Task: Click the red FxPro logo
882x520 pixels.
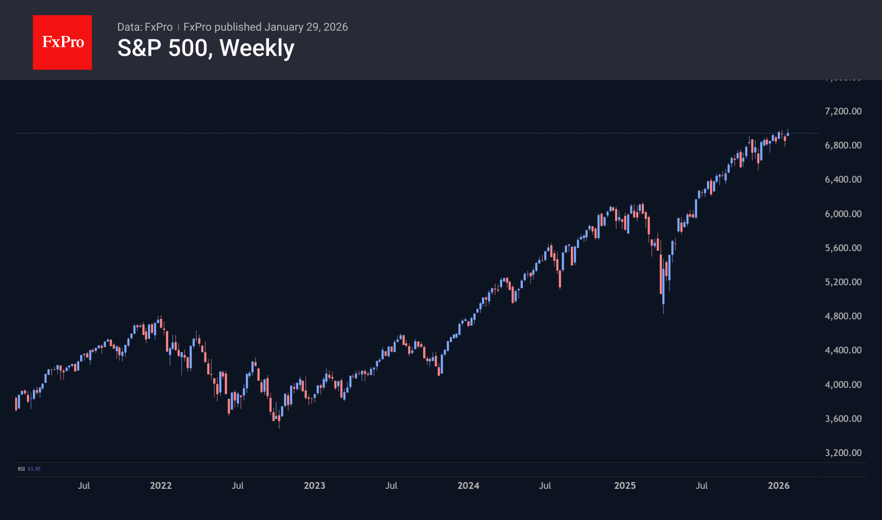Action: [62, 42]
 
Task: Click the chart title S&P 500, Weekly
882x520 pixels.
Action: [206, 48]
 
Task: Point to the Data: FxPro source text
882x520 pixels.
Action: [145, 27]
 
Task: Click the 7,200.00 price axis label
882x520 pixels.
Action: [843, 111]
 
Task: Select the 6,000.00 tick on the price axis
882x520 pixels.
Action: [843, 214]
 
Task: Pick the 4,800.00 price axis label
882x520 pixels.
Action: [843, 316]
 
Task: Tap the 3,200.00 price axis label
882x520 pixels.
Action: [843, 453]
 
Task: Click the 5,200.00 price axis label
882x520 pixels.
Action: [843, 282]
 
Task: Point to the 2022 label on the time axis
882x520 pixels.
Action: [161, 485]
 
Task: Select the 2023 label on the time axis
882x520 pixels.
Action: [315, 485]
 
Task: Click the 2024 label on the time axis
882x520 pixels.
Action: [468, 485]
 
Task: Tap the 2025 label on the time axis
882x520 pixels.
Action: [625, 485]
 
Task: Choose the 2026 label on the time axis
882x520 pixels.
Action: [779, 485]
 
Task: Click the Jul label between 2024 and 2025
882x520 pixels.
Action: [545, 485]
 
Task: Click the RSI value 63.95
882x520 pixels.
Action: [34, 469]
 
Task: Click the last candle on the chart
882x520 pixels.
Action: [788, 134]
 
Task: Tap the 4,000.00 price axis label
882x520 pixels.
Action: [843, 384]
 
